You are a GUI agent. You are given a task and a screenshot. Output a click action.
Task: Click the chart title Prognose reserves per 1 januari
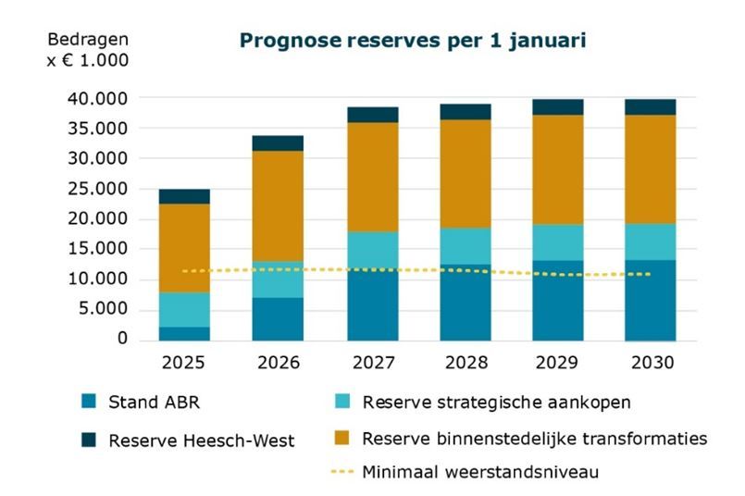pos(414,41)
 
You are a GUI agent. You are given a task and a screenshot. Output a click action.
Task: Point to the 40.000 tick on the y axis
pos(98,98)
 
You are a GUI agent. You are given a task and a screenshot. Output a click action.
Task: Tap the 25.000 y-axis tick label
pos(98,189)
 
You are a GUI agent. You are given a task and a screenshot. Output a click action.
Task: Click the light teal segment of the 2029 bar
pos(558,242)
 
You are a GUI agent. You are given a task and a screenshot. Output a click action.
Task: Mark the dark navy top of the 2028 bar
pos(466,111)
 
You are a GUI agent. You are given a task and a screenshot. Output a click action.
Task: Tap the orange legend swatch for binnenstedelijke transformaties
pos(341,438)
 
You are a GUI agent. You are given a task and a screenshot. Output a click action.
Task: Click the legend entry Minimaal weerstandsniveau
pos(480,472)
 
